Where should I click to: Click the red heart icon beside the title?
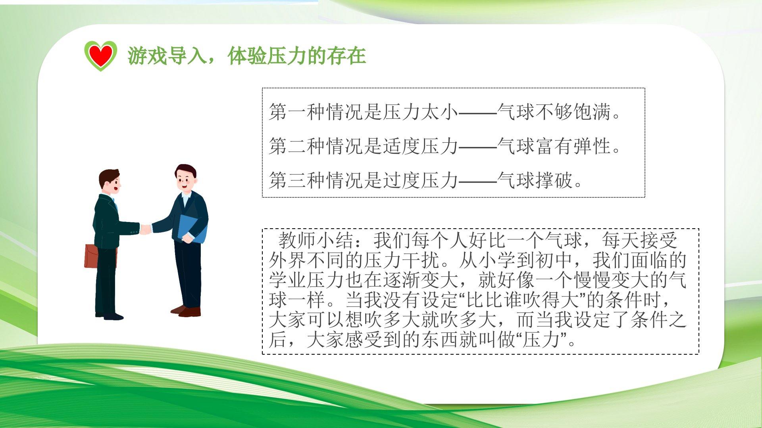(x=100, y=56)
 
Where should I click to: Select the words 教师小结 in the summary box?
(x=316, y=240)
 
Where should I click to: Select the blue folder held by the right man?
(x=192, y=229)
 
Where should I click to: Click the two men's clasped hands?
(x=146, y=229)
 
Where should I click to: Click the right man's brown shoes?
(x=186, y=311)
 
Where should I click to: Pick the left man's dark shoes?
(x=109, y=316)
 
